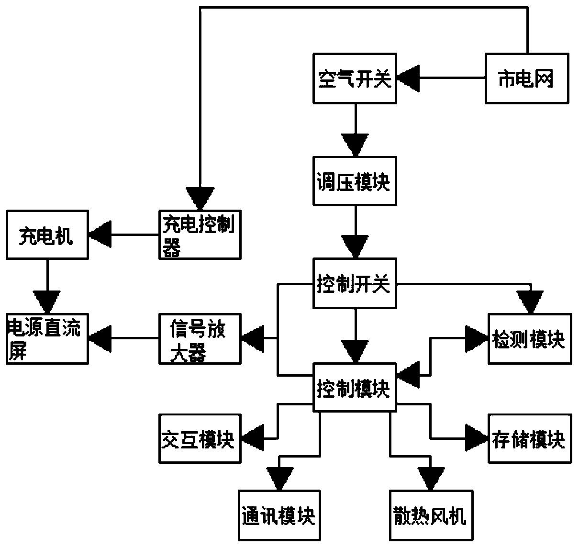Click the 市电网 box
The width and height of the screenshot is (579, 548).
click(527, 78)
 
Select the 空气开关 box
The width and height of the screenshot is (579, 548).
click(355, 78)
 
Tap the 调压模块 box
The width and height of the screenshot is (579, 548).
click(355, 181)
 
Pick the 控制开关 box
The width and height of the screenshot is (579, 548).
click(355, 283)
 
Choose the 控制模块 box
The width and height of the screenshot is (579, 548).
click(355, 387)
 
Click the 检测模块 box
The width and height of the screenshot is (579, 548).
click(530, 338)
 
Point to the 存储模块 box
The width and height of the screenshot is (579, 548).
click(530, 438)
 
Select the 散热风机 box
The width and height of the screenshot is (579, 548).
click(430, 515)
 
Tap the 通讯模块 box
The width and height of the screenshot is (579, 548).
click(279, 515)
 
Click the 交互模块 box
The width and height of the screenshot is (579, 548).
click(200, 438)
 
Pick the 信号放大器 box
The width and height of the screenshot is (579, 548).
click(200, 338)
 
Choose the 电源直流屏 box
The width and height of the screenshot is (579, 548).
click(47, 338)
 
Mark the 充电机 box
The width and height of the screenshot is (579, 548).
click(47, 235)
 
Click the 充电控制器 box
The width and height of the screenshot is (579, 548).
click(200, 235)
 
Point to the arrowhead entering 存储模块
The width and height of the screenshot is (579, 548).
click(477, 438)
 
